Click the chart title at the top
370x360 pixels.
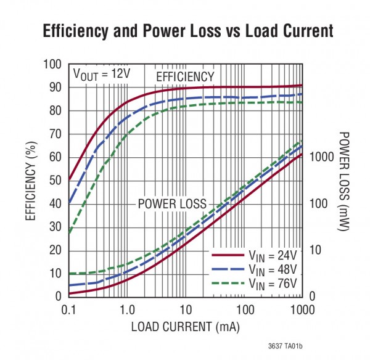coord(187,31)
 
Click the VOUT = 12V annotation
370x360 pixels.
coord(102,75)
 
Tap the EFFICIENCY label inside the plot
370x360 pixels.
coord(185,76)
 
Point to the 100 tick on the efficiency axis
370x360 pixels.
coord(52,65)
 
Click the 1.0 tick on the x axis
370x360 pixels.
coord(126,308)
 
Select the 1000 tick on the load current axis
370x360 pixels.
coord(301,308)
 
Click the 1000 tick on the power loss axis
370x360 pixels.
coord(320,157)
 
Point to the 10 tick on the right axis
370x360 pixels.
coord(313,250)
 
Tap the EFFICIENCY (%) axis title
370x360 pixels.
coord(30,180)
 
